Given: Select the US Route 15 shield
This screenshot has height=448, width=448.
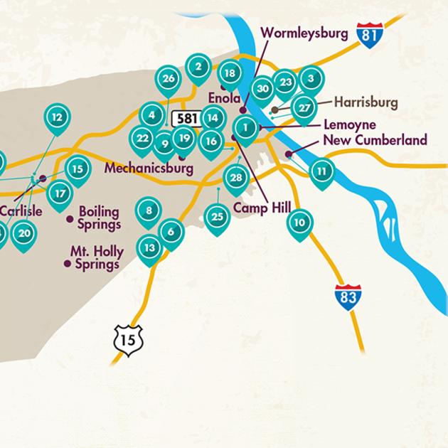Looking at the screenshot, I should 128,340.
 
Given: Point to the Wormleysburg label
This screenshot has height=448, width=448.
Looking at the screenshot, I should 304,33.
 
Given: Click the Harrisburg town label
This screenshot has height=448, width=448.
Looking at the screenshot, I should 366,102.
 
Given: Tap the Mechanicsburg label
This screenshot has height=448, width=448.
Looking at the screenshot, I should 149,169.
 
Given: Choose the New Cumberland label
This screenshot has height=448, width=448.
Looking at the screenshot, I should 375,140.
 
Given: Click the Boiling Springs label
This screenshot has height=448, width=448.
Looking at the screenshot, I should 100,218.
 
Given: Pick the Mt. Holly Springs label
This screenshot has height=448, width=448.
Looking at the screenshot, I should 97,258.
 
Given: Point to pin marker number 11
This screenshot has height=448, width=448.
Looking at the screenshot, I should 322,171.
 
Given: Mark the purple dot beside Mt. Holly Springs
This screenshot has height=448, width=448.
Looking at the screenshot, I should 67,263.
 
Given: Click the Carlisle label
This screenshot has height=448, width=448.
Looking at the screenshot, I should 21,211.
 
